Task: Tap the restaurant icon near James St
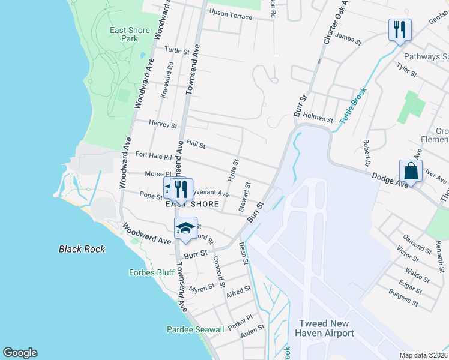point(399,29)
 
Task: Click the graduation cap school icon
point(186,229)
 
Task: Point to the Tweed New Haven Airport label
point(324,328)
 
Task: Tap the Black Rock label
point(82,249)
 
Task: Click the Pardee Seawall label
point(195,329)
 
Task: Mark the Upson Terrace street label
point(231,16)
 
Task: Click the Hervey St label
point(163,125)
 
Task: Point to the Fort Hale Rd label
point(154,155)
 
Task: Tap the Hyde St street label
point(234,171)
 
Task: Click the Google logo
point(20,353)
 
